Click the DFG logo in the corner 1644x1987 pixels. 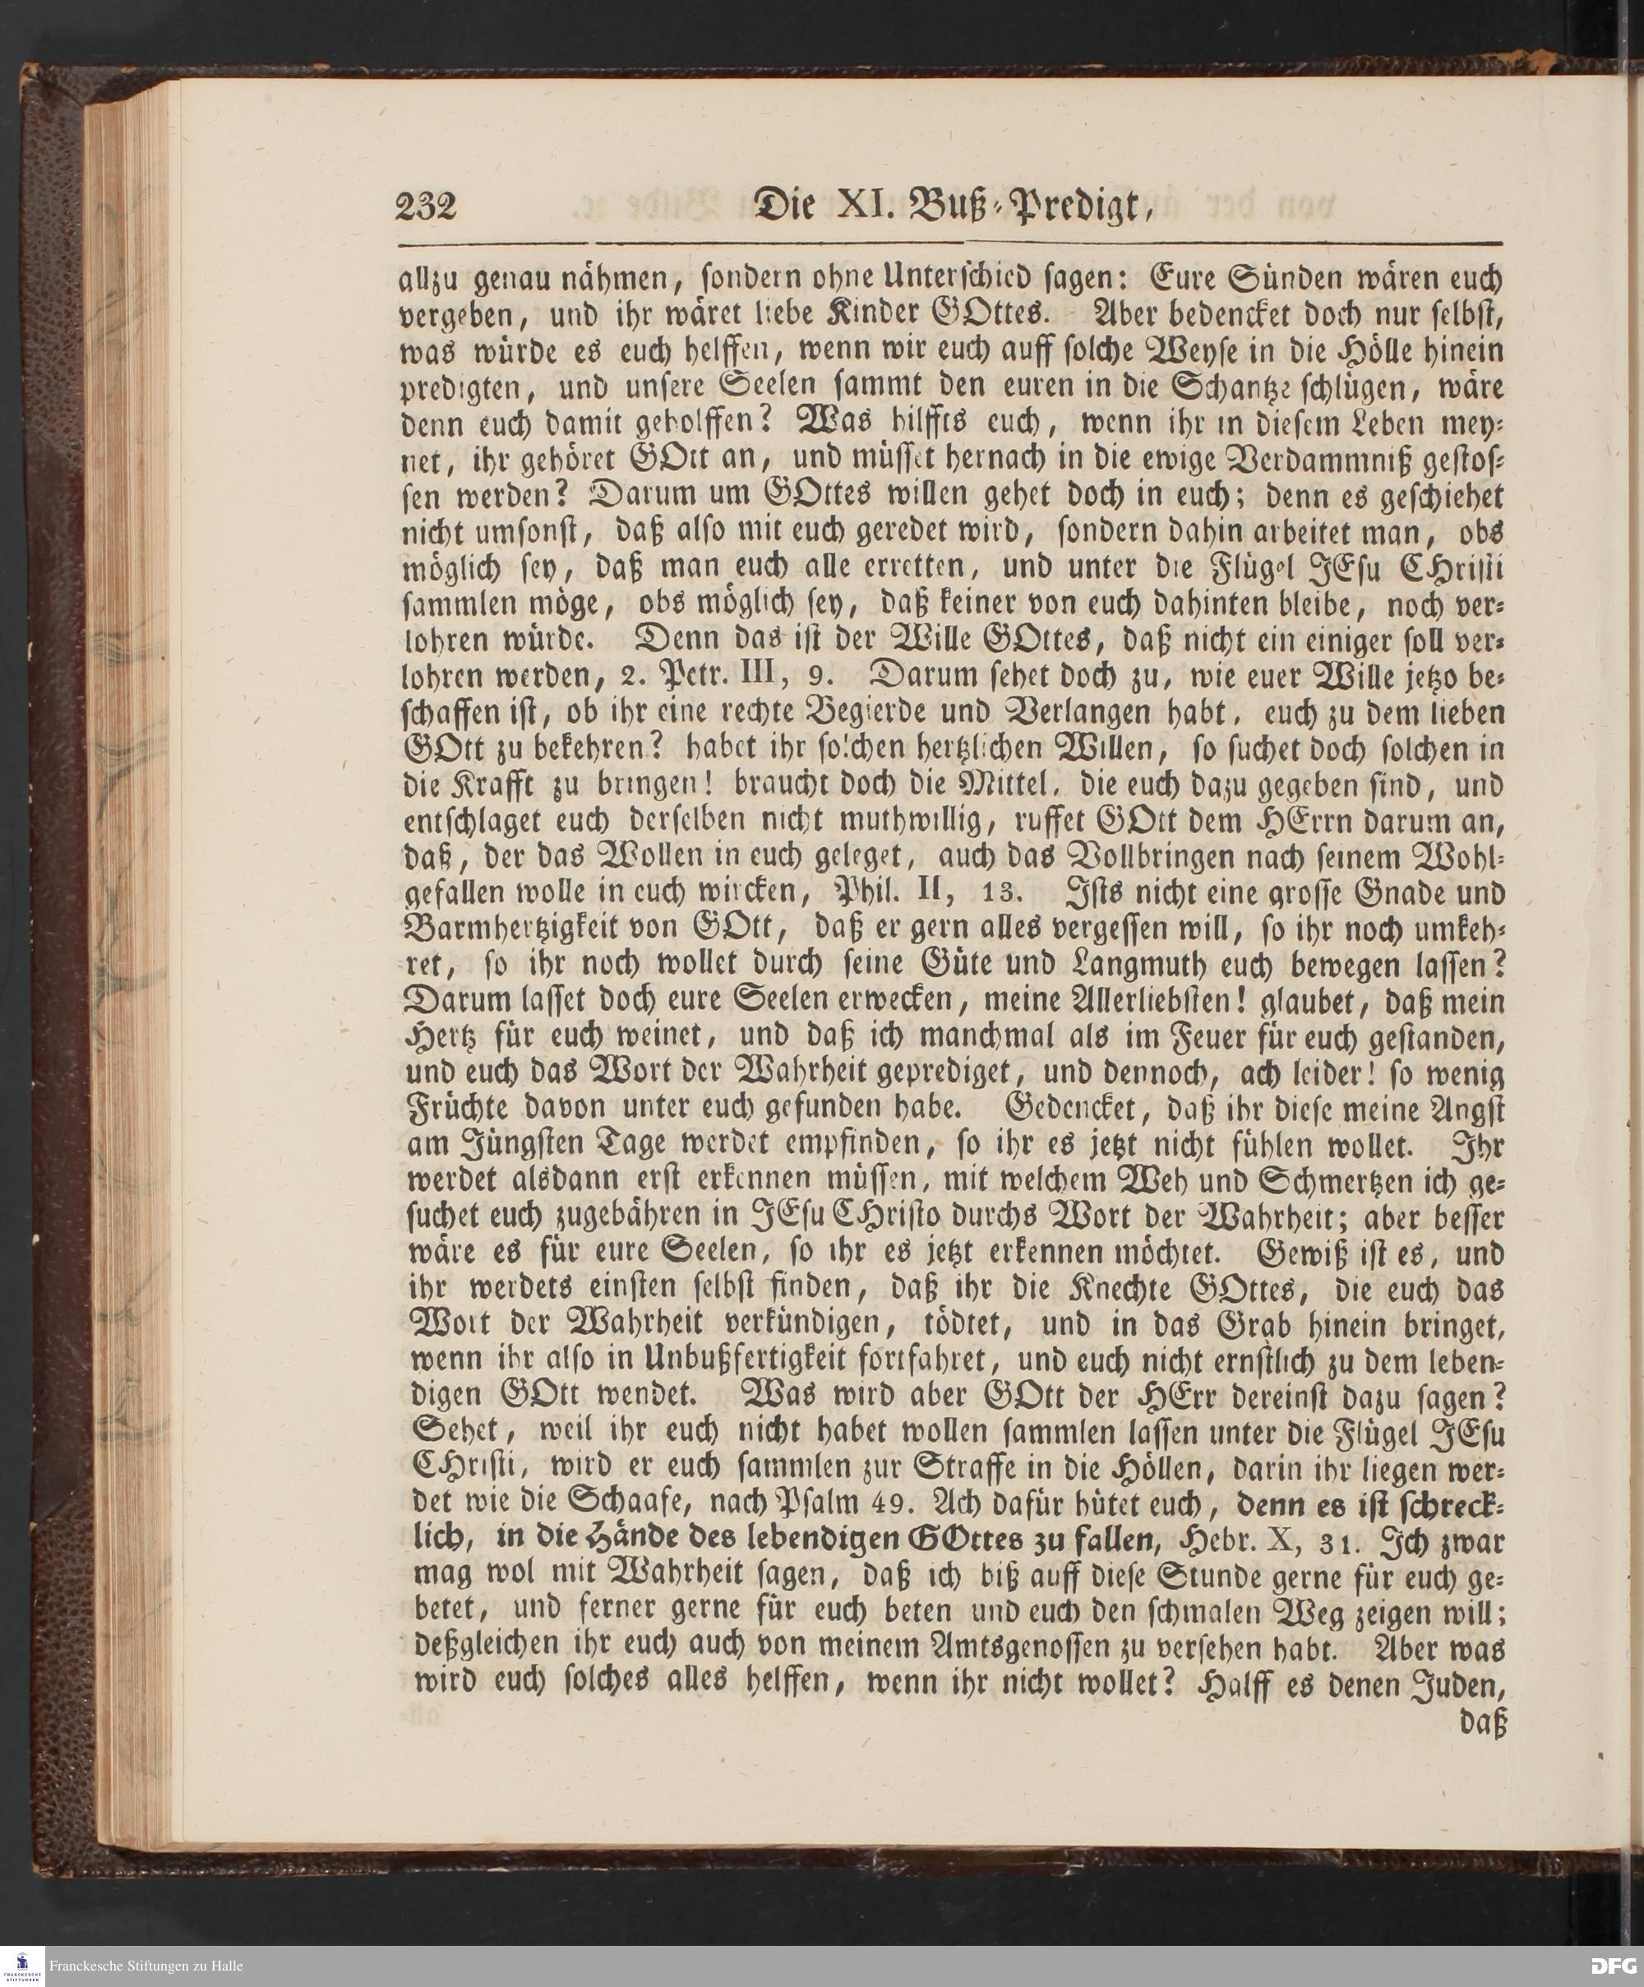pyautogui.click(x=1612, y=1962)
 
